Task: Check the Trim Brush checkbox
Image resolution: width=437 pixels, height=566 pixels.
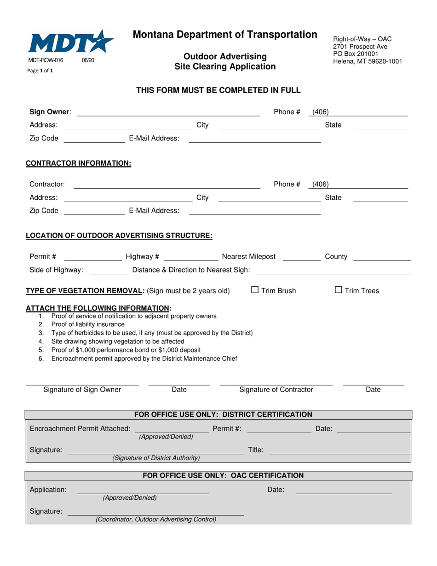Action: pos(255,290)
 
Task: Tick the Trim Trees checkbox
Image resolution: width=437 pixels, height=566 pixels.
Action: pos(339,290)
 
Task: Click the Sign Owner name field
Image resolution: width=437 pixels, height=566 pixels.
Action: pos(168,112)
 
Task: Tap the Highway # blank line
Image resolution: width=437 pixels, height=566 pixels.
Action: pos(191,257)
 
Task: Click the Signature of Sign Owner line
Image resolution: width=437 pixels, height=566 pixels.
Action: pos(82,383)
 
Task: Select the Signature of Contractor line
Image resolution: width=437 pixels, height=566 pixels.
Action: pos(276,383)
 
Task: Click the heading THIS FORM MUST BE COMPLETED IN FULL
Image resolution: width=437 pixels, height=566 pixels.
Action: pos(218,90)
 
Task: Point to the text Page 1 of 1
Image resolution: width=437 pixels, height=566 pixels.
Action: pos(41,71)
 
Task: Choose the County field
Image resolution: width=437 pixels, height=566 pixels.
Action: pos(382,257)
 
